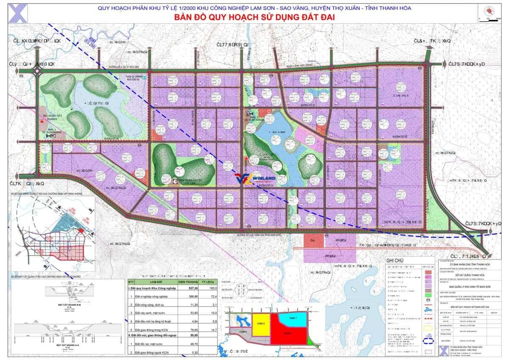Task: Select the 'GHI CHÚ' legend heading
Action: point(395,260)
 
